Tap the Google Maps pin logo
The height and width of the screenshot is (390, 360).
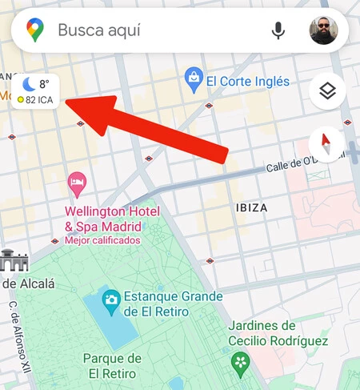coord(34,30)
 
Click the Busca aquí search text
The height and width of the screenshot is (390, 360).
coord(99,30)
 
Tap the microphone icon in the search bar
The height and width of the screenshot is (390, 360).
coord(278,30)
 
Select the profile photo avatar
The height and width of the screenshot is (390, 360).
coord(324,30)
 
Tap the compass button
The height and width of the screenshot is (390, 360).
coord(326,145)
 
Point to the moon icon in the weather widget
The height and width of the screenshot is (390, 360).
coord(29,83)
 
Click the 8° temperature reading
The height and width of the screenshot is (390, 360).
coord(45,83)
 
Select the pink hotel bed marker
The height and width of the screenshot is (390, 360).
coord(77,183)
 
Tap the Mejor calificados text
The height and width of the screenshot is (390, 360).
coord(102,239)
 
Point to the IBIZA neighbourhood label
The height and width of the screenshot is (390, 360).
coord(252,207)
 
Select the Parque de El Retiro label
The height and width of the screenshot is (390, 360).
coord(112,365)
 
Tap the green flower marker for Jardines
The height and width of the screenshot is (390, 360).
coord(240,364)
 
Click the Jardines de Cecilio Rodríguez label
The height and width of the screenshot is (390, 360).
coord(278,333)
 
